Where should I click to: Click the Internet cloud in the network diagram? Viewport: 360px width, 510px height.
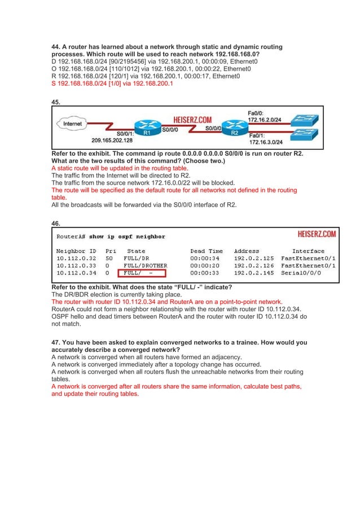click(72, 123)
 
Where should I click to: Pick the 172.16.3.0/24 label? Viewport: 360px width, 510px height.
click(269, 142)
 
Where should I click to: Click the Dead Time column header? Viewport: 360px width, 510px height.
click(207, 251)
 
